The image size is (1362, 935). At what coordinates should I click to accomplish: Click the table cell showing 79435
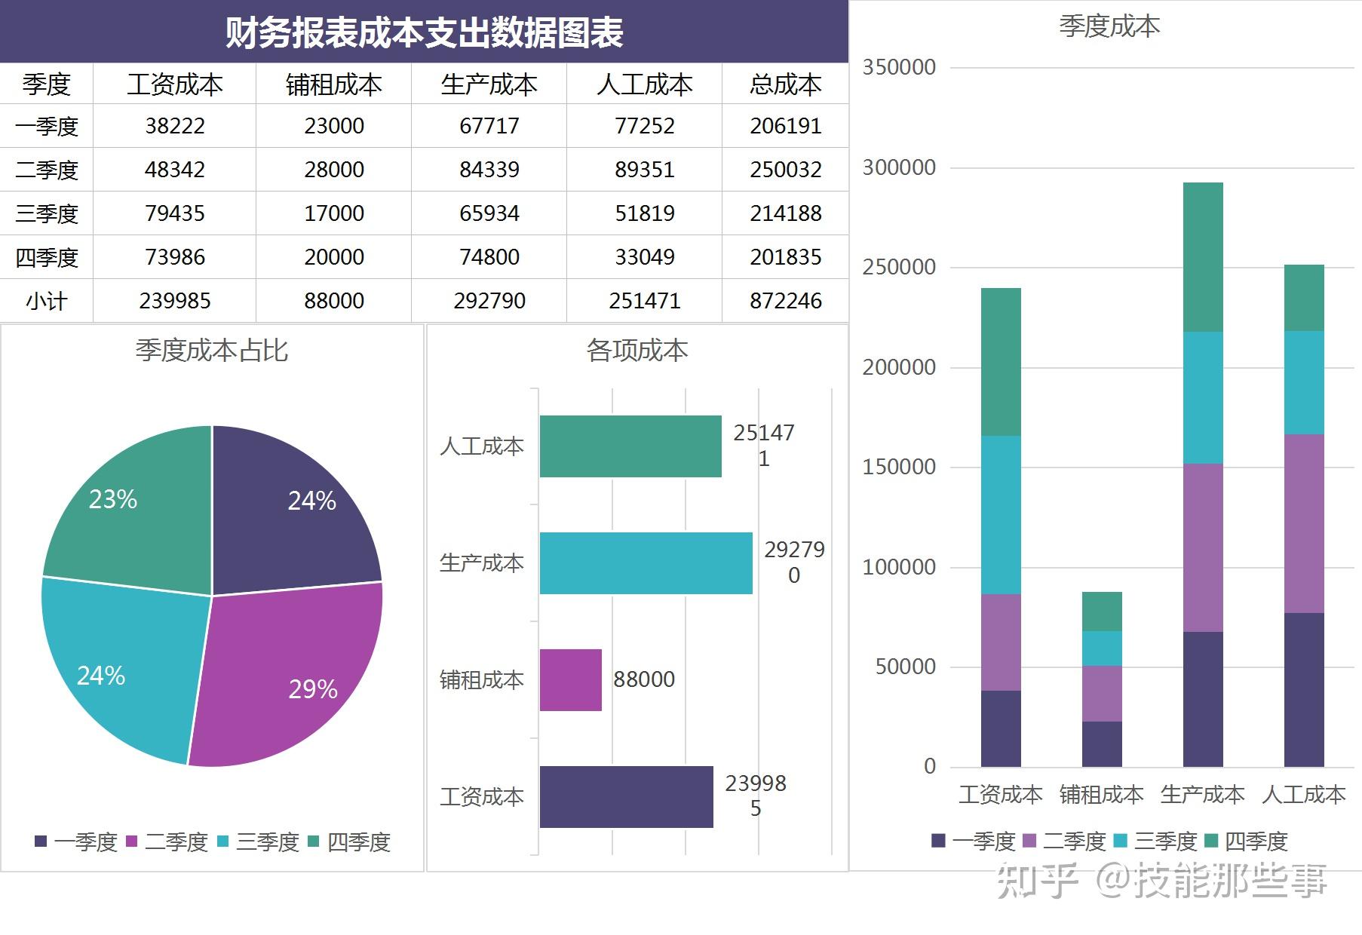pyautogui.click(x=174, y=213)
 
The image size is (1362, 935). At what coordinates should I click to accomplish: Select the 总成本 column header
pyautogui.click(x=785, y=84)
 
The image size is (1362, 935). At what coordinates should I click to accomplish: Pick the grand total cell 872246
pyautogui.click(x=785, y=301)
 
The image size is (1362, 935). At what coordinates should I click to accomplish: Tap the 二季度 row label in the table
pyautogui.click(x=46, y=170)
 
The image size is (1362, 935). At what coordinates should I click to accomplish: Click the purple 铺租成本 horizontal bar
pyautogui.click(x=570, y=679)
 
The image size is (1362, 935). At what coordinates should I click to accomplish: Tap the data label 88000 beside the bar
pyautogui.click(x=643, y=679)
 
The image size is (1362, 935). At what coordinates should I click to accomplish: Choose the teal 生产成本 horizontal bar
pyautogui.click(x=646, y=563)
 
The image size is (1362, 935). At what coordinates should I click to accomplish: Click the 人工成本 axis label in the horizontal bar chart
pyautogui.click(x=481, y=446)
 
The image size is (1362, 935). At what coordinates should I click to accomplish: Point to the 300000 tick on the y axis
pyautogui.click(x=899, y=167)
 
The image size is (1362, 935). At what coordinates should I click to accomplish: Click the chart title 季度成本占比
pyautogui.click(x=211, y=351)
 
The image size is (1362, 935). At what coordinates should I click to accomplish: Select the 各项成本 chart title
pyautogui.click(x=637, y=351)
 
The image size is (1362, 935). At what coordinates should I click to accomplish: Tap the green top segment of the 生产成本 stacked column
pyautogui.click(x=1202, y=256)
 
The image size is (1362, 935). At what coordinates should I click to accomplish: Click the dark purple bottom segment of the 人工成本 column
pyautogui.click(x=1303, y=690)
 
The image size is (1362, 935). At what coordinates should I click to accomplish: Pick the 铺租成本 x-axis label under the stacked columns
pyautogui.click(x=1101, y=795)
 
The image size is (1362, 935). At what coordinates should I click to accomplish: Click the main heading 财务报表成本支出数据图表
pyautogui.click(x=424, y=32)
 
